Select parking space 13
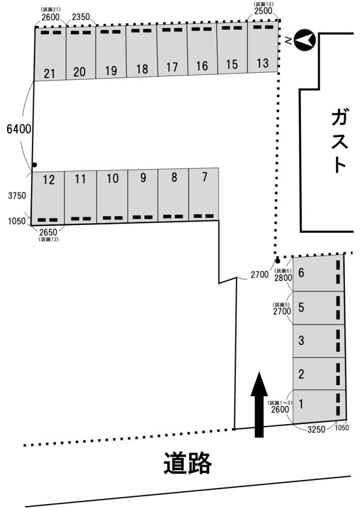pos(263,47)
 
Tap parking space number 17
pos(172,50)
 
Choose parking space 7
pos(204,195)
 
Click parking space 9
pos(143,196)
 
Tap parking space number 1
pos(319,406)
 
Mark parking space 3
pos(319,341)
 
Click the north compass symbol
pos(305,40)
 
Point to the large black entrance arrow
pos(259,405)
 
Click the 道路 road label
pos(188,463)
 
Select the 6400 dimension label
pos(19,129)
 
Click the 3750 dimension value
pos(17,196)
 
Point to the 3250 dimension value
pos(316,430)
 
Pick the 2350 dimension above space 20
pos(81,17)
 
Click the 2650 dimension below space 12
pos(48,232)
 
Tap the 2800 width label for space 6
pos(283,278)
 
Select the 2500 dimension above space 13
pos(263,10)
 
